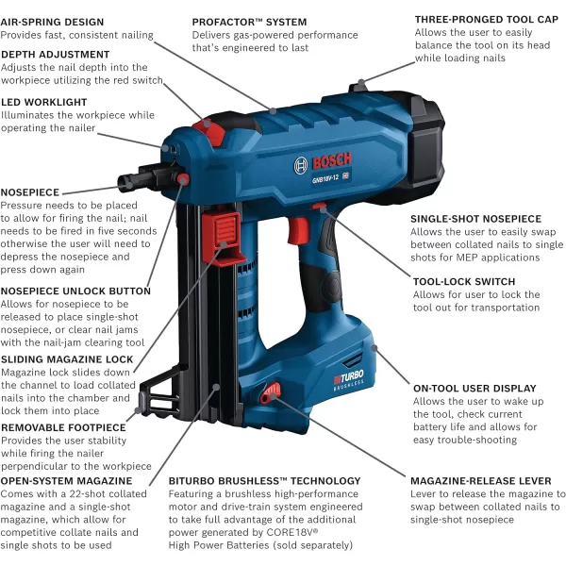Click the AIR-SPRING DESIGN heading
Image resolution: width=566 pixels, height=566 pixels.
tap(52, 22)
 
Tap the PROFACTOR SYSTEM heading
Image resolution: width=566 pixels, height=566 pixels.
tap(249, 22)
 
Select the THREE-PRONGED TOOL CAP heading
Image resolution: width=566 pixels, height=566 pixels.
tap(487, 20)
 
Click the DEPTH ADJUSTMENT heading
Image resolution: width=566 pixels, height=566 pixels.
tap(56, 55)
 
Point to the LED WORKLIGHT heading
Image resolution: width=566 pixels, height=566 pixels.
tap(44, 102)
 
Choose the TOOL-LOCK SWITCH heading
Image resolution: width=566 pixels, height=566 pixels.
tap(464, 281)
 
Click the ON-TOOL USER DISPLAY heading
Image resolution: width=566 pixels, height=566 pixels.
tap(474, 389)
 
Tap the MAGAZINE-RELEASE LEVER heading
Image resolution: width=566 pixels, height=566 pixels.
tap(481, 481)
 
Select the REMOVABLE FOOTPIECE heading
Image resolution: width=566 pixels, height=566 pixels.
tap(63, 427)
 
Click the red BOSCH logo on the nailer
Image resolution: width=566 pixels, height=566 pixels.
tap(332, 160)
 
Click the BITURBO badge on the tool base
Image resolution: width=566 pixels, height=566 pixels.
tap(348, 380)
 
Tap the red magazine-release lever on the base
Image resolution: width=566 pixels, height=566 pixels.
tap(271, 392)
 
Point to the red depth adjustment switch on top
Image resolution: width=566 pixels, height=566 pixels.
tap(209, 132)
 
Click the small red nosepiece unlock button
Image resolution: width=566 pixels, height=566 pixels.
tap(183, 179)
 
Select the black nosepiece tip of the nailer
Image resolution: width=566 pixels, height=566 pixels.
tap(127, 181)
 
